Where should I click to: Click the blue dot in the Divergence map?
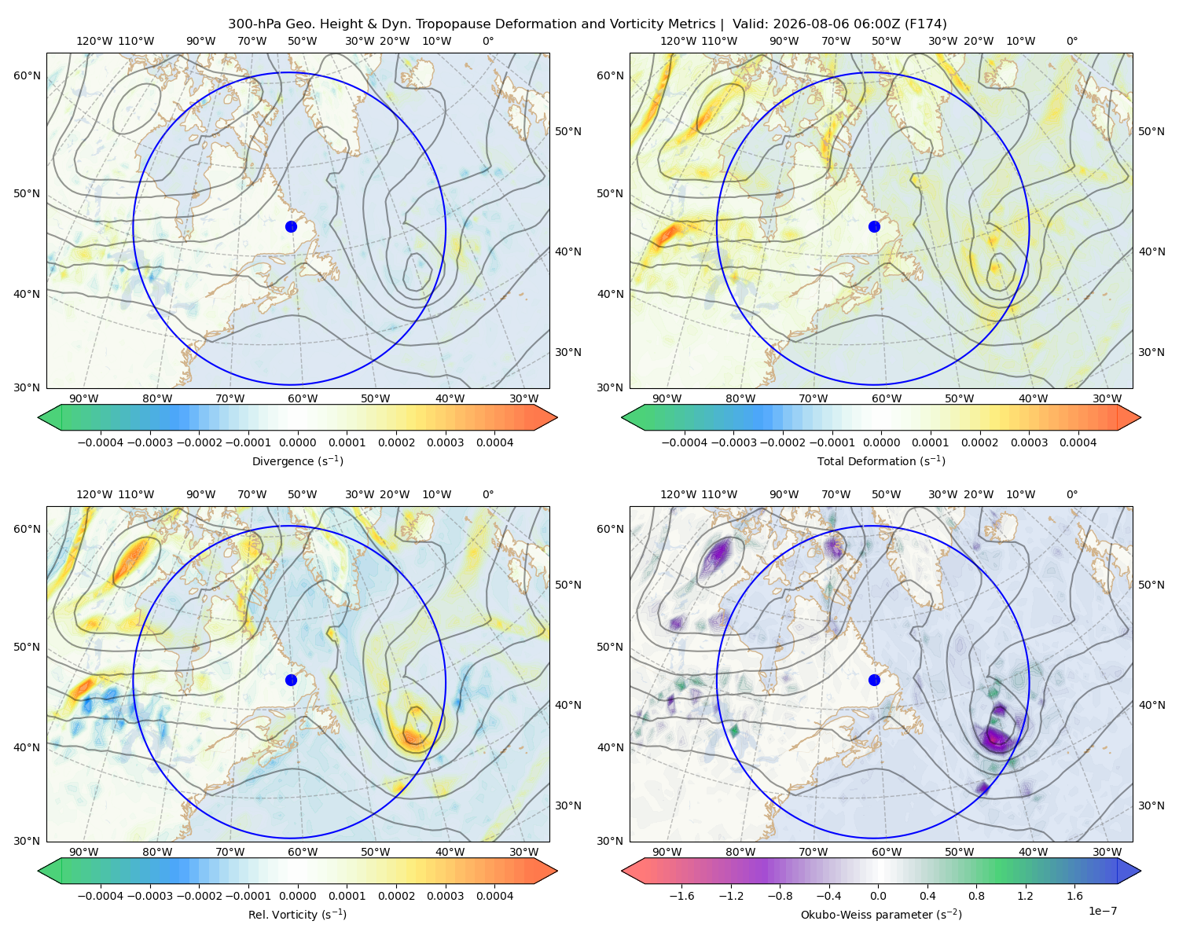tap(291, 226)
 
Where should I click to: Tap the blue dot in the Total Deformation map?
tap(874, 226)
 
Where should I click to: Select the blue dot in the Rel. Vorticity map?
tap(291, 680)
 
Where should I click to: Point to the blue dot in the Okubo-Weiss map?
tap(874, 680)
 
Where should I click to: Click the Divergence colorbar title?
tap(297, 460)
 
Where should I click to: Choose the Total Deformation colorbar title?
tap(881, 460)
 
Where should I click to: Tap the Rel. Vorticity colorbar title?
tap(297, 914)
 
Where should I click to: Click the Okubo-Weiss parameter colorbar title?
tap(881, 914)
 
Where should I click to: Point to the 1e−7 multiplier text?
tap(1102, 911)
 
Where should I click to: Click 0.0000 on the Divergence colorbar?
tap(297, 442)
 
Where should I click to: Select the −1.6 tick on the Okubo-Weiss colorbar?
tap(681, 895)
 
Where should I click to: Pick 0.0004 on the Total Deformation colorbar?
tap(1078, 442)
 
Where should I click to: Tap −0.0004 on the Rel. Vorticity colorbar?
tap(101, 895)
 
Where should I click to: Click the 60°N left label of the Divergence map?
tap(27, 75)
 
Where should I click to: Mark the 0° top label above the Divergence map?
tap(488, 41)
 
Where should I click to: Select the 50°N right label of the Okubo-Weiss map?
tap(1151, 585)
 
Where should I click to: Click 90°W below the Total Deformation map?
tap(667, 398)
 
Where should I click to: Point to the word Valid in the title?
tap(747, 24)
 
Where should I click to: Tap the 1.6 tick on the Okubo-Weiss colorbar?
tap(1074, 895)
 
